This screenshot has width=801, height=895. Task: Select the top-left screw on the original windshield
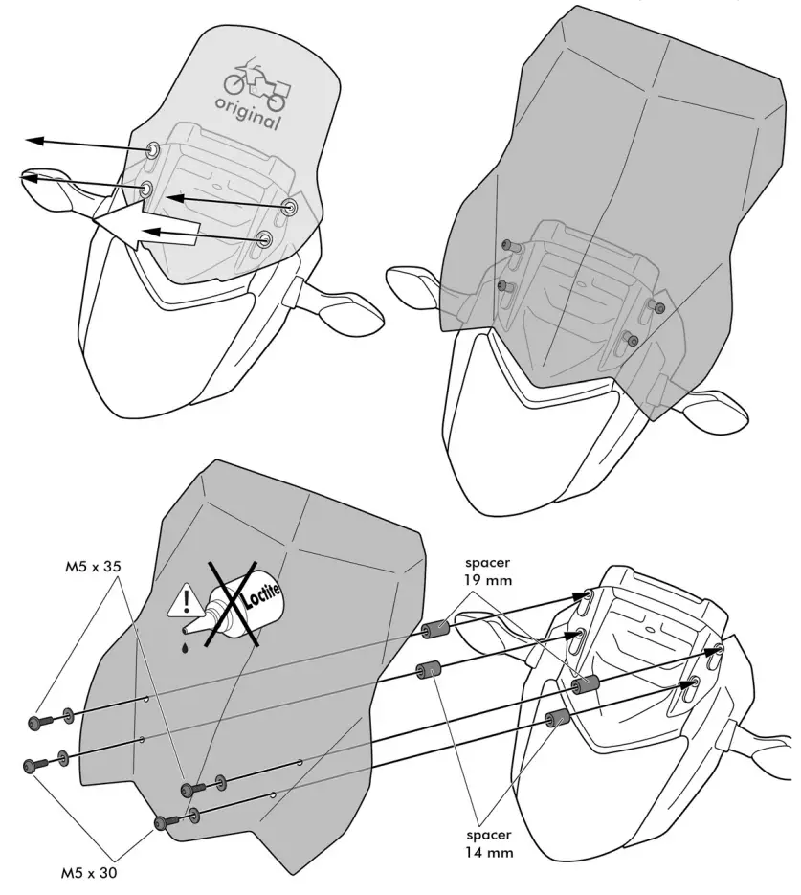point(153,150)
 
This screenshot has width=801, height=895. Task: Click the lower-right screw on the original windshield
point(266,237)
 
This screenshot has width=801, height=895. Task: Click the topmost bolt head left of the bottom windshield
point(37,720)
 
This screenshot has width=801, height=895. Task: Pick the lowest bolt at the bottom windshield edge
point(163,821)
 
